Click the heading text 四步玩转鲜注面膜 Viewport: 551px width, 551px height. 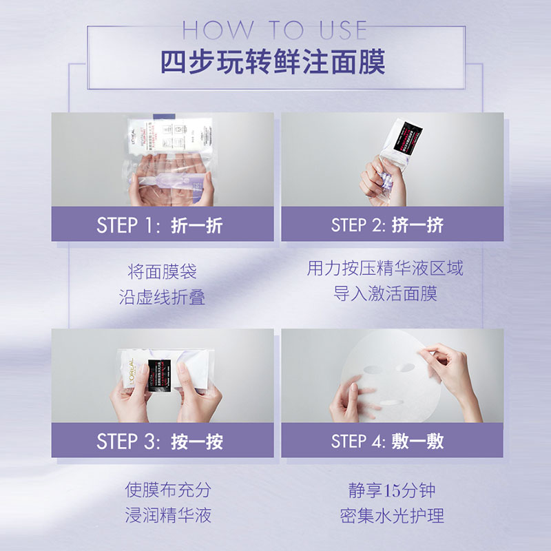(273, 62)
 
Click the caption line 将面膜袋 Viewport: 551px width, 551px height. (162, 271)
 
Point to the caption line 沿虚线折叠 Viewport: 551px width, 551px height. (162, 297)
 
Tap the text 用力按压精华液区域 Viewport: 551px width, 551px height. (385, 269)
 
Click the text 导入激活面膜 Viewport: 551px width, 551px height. (385, 295)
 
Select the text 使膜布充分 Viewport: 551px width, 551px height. (167, 490)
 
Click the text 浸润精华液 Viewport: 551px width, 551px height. (167, 515)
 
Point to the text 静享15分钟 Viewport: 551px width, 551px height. (391, 490)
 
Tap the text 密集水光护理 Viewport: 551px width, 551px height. (391, 515)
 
